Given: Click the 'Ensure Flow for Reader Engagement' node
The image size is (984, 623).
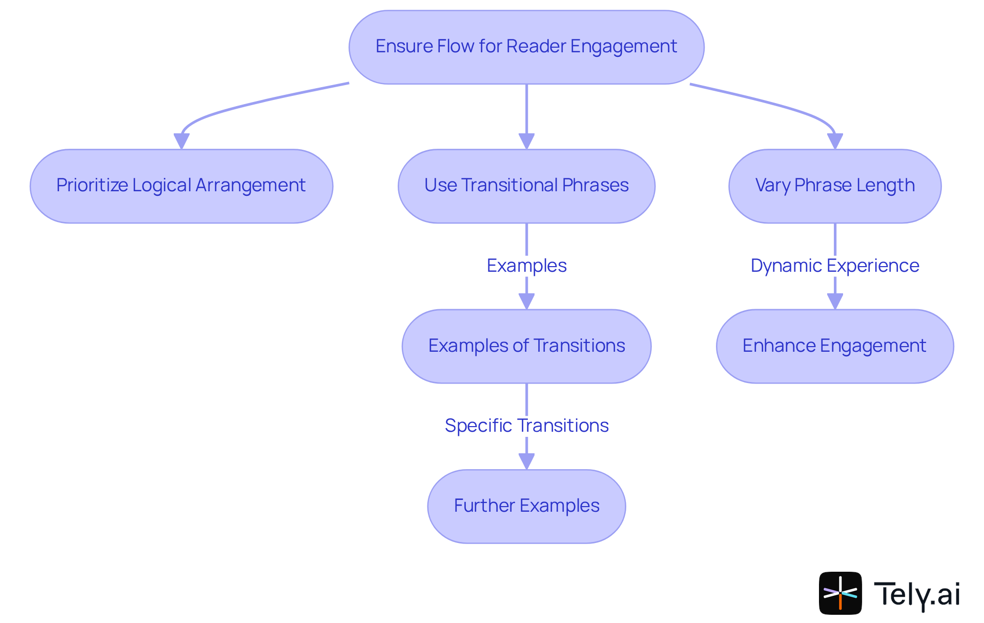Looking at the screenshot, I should (526, 47).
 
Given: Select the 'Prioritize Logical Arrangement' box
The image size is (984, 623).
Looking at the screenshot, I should (181, 186).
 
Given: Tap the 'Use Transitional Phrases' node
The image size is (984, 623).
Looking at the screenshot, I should (526, 186).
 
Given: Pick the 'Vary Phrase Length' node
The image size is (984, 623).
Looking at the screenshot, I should (835, 186).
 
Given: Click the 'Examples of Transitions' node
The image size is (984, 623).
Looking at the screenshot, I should (526, 346).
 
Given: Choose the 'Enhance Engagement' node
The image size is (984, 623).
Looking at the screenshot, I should (835, 346).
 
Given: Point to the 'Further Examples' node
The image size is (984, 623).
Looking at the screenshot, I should (526, 506).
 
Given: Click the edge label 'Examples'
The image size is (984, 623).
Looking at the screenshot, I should (526, 266).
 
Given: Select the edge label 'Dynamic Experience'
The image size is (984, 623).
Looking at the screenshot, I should (835, 266).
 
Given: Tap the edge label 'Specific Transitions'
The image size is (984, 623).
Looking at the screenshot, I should (526, 426).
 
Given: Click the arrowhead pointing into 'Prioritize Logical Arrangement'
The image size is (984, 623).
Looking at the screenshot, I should (181, 141).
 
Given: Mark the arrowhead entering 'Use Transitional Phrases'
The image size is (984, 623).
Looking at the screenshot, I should (526, 141).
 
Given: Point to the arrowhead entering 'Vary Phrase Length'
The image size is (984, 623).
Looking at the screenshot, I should (835, 141).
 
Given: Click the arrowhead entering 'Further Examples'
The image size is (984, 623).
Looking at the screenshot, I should (526, 461).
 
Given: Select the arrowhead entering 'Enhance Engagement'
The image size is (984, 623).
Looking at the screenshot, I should (835, 301).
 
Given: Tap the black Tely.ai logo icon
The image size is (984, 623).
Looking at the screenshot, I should (840, 593).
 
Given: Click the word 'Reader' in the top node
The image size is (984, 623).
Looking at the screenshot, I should (537, 46).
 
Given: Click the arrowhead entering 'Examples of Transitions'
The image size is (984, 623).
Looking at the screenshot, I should (526, 301).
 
